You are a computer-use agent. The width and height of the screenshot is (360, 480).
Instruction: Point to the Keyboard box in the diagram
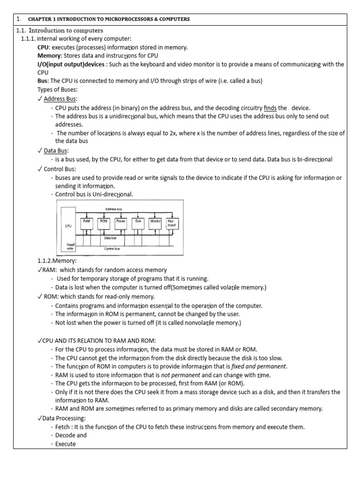tap(171, 223)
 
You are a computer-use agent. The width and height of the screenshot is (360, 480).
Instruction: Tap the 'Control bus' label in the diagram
tap(112, 248)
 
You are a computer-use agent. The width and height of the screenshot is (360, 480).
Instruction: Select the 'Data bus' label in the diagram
tap(111, 238)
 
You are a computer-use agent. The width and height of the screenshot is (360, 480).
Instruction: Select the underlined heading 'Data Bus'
tap(56, 150)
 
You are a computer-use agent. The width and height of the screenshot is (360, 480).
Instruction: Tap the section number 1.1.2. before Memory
tap(48, 260)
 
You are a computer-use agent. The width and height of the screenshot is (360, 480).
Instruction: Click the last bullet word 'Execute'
tap(65, 443)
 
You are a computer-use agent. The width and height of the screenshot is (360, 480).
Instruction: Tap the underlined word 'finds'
tap(270, 107)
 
